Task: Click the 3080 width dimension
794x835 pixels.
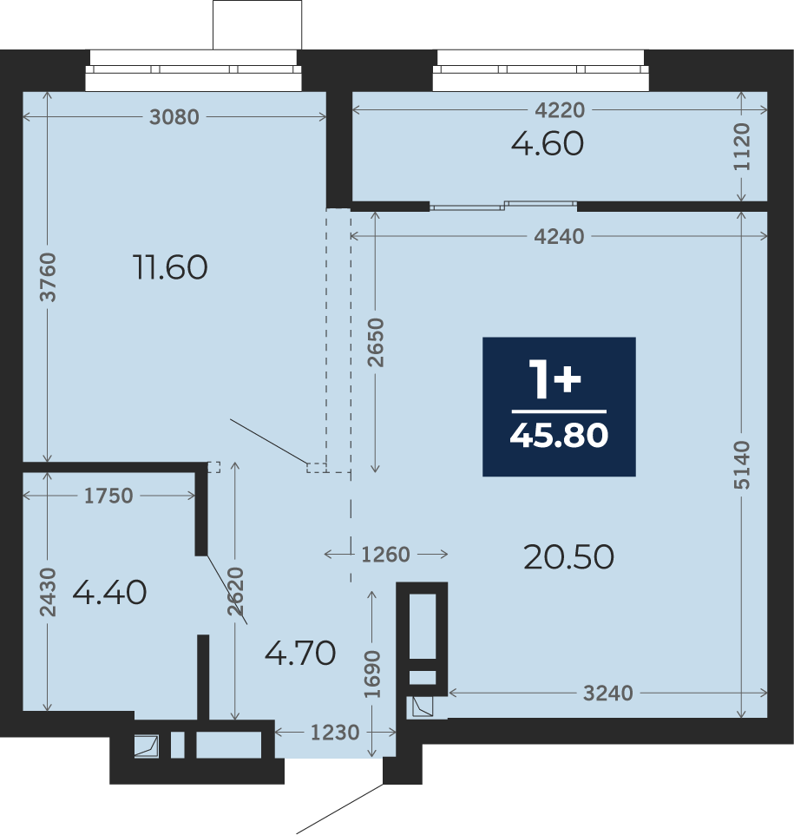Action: (174, 116)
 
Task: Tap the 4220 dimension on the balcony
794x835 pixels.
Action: (560, 110)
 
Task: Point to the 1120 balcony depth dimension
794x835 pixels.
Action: (742, 147)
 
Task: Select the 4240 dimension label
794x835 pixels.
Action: (559, 236)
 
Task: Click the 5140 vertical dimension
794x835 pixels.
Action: (742, 465)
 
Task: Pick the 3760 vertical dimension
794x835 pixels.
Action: (48, 277)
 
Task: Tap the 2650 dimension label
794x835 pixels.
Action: (376, 342)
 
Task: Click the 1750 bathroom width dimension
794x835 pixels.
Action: (108, 496)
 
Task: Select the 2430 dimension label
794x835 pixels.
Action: (48, 592)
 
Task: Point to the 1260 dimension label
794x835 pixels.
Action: (385, 555)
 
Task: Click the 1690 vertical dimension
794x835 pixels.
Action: (372, 674)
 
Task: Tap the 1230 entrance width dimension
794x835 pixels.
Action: (335, 733)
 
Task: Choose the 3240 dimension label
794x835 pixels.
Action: (608, 694)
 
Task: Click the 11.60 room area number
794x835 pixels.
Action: (170, 267)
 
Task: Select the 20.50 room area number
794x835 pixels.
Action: (568, 557)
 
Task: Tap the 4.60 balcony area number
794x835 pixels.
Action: (548, 144)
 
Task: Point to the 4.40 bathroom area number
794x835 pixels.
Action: (109, 592)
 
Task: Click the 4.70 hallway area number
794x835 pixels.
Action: (300, 653)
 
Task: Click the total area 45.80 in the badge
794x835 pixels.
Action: (559, 435)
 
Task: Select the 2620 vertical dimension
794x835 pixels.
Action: (235, 592)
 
